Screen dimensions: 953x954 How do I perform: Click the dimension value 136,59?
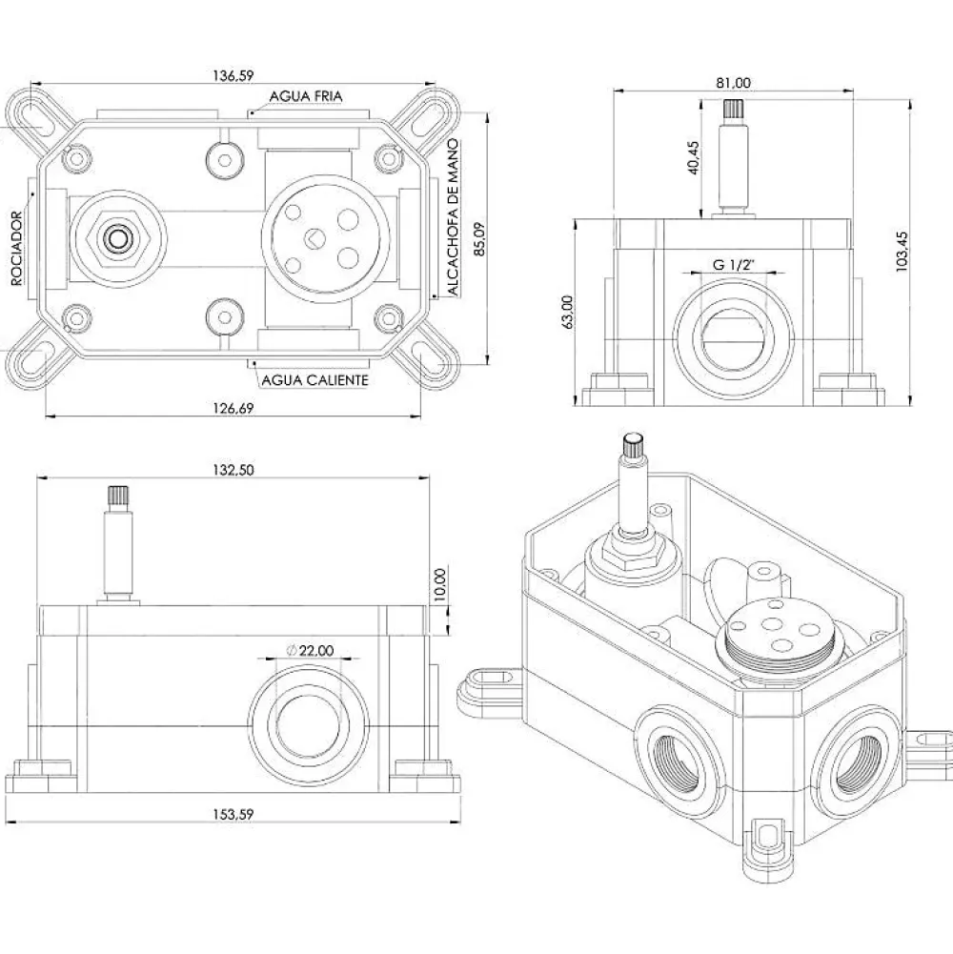coord(233,75)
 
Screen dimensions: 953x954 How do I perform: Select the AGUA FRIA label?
coord(306,96)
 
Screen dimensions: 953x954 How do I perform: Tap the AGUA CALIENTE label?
coord(315,380)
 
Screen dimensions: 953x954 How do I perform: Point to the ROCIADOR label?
coord(17,248)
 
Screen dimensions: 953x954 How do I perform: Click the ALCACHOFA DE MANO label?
coord(454,218)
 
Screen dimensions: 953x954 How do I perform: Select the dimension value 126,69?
coord(233,408)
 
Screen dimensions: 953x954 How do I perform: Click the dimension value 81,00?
coord(733,82)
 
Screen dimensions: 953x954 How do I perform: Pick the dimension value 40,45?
coord(694,158)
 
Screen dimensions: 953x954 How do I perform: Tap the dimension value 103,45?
coord(902,252)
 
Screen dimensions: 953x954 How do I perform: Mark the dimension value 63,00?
coord(567,312)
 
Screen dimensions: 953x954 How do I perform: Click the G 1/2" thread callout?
coord(734,265)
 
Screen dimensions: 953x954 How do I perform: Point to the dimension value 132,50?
coord(233,470)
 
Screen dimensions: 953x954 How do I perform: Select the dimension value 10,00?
coord(441,584)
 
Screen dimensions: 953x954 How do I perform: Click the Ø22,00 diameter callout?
coord(311,650)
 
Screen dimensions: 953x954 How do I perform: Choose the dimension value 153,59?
coord(233,814)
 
